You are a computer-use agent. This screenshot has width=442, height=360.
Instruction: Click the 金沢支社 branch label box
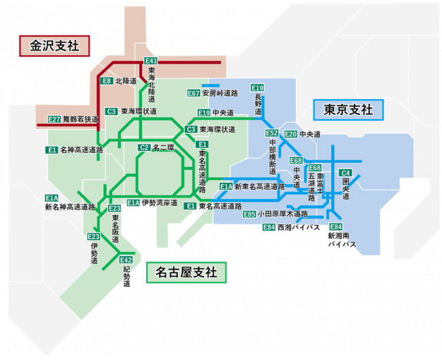54,46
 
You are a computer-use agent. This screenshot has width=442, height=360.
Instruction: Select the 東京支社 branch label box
348,110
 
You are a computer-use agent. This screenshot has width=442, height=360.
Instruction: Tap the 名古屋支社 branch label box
186,272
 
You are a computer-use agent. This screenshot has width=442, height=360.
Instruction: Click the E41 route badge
150,61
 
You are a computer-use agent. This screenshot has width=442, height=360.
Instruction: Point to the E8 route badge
107,81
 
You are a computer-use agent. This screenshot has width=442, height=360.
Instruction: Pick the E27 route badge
54,120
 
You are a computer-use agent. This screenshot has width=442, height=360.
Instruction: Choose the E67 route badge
194,93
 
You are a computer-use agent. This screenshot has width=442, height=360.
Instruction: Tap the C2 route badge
144,147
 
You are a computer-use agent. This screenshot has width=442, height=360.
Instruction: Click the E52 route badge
272,133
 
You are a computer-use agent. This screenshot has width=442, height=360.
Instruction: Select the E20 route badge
290,134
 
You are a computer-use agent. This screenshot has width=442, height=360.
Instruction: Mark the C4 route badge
345,173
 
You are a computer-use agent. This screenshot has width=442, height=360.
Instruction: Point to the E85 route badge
250,214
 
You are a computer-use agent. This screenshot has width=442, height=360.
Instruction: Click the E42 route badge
126,259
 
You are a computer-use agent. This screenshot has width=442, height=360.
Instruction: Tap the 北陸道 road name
126,81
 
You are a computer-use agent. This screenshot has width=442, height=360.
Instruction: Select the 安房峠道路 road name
220,93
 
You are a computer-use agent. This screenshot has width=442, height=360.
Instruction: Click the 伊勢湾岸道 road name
160,202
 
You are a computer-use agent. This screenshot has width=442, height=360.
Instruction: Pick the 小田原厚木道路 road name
283,214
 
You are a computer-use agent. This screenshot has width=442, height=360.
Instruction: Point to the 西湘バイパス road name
299,227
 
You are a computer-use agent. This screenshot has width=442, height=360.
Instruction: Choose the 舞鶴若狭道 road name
81,120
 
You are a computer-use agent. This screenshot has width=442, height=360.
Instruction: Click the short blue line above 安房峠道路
211,86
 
